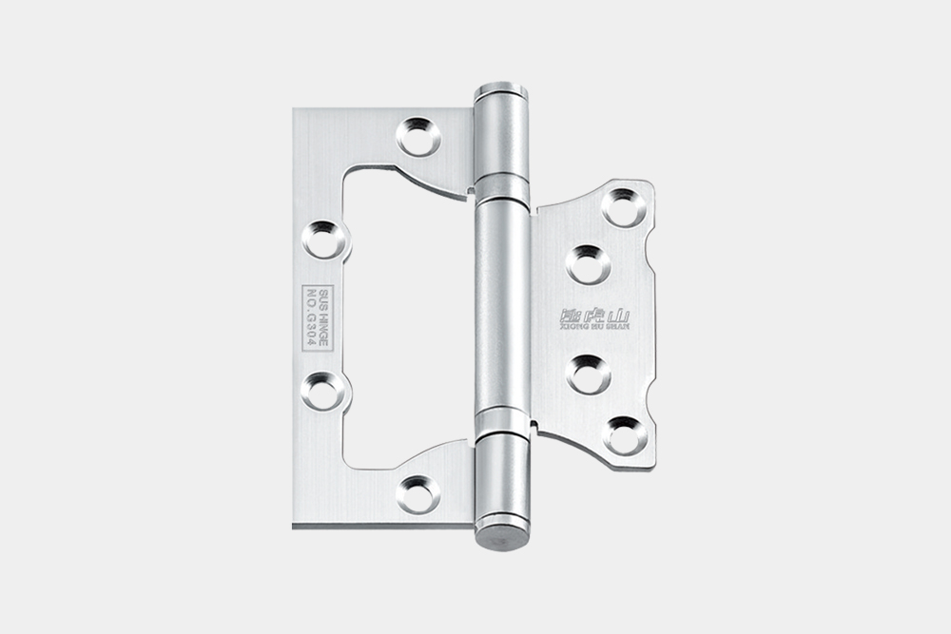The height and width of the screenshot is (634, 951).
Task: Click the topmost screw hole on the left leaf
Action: tap(417, 137)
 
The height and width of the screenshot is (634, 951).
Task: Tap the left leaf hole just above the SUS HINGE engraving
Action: tap(325, 239)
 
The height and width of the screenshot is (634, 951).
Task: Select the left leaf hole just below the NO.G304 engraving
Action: tap(325, 390)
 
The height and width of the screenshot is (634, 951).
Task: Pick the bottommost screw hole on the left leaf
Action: tap(417, 492)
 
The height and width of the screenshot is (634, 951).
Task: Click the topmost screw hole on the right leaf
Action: tap(624, 206)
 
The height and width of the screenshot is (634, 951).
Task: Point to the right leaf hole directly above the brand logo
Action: tap(589, 263)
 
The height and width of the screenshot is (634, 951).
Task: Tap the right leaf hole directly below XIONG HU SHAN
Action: tap(589, 374)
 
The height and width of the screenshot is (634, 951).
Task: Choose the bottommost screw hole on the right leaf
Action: tap(625, 434)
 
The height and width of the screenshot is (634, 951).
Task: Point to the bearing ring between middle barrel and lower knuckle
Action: tap(501, 424)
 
